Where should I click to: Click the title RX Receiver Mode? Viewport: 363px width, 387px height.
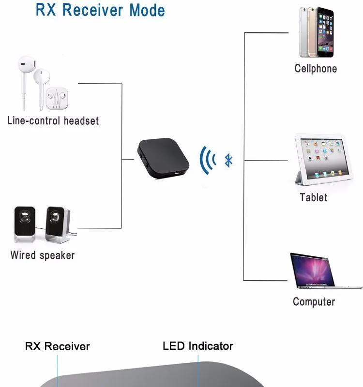tap(100, 10)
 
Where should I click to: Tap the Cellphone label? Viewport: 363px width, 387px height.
tap(316, 69)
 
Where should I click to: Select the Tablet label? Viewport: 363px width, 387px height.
tap(314, 197)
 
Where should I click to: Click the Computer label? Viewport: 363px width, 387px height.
tap(314, 302)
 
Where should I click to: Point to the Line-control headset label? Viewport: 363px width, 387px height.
tap(53, 120)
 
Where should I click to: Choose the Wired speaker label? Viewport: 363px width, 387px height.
tap(43, 255)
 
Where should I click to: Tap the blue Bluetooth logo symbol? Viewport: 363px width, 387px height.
tap(228, 160)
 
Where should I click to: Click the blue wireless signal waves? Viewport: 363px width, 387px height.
tap(207, 160)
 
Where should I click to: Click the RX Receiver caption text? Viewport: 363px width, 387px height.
tap(58, 346)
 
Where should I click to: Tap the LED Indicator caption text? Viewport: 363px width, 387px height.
tap(197, 346)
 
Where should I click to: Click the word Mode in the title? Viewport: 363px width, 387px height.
tap(147, 10)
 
